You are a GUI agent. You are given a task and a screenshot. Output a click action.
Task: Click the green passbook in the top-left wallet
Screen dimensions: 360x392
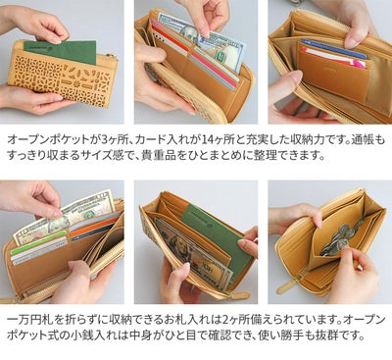(x=60, y=51)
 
